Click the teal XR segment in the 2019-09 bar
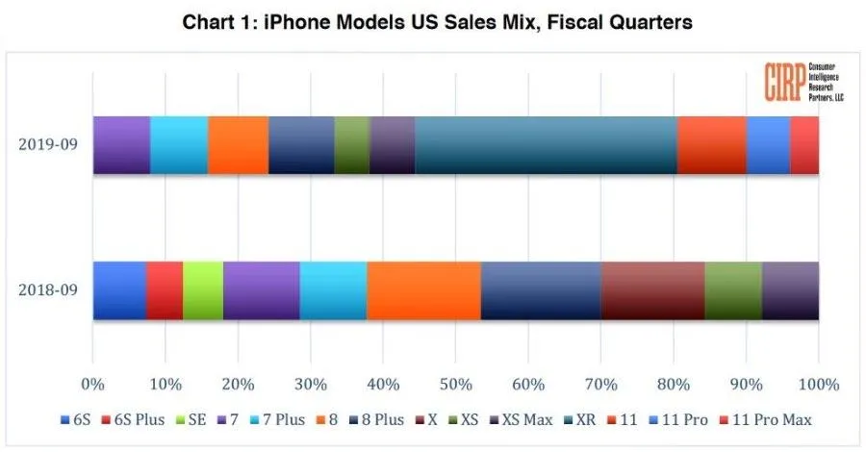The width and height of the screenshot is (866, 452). click(x=546, y=145)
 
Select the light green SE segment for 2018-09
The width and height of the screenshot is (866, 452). click(x=203, y=290)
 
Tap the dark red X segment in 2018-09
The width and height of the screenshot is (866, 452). click(x=652, y=290)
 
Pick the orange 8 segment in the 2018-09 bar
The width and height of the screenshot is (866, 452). click(x=423, y=290)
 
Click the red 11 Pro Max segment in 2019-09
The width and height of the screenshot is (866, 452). click(x=804, y=145)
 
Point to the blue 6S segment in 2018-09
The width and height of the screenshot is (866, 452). click(x=119, y=290)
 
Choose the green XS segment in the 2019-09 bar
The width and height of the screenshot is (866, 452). click(x=351, y=145)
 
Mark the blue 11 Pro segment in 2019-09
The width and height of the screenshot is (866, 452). click(x=768, y=145)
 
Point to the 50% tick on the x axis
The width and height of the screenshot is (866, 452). click(x=455, y=385)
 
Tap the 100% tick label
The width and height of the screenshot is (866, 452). click(x=818, y=385)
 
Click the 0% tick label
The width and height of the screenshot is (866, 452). click(x=92, y=385)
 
